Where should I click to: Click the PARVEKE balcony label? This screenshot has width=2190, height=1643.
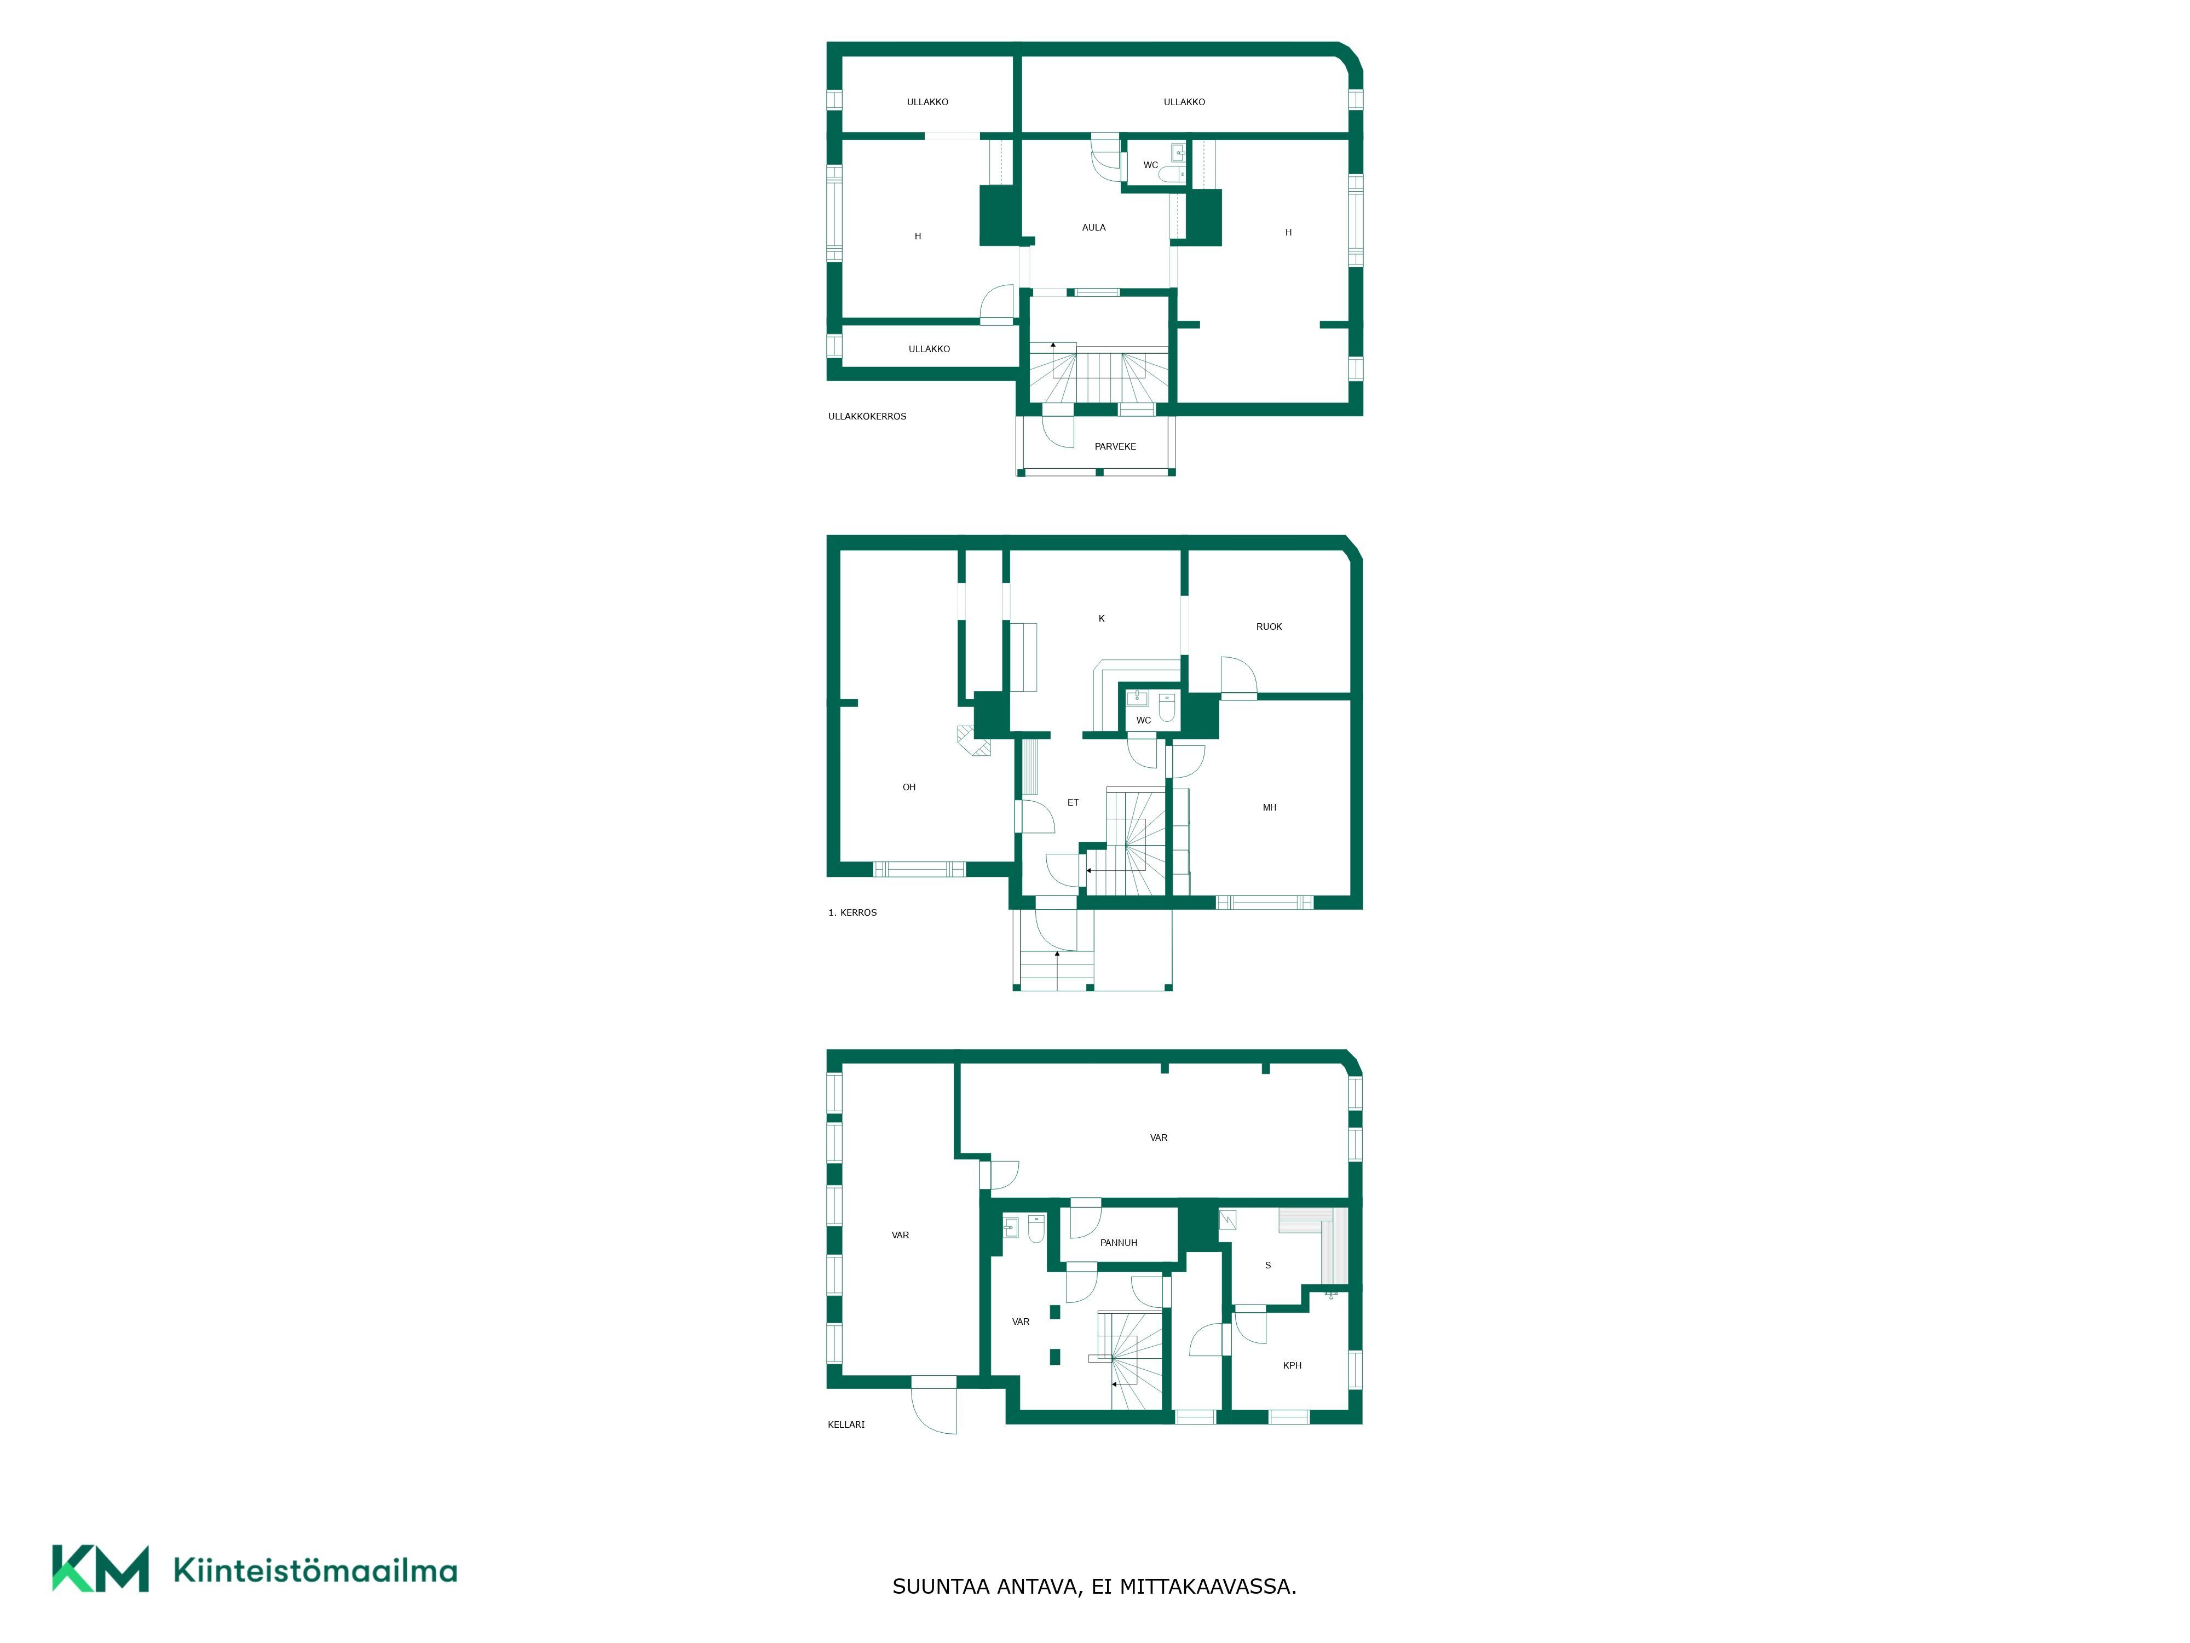pos(1115,447)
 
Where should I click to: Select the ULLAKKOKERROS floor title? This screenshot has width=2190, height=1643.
pos(867,417)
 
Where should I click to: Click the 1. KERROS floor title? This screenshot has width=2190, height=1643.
pos(852,913)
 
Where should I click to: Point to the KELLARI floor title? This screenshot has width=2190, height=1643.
pos(846,1425)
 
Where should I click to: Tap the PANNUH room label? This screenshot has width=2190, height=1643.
pos(1119,1243)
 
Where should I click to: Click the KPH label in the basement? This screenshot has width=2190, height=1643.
pos(1292,1366)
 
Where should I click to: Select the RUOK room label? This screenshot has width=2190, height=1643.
pos(1269,627)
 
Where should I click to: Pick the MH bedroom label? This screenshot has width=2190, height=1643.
pos(1269,808)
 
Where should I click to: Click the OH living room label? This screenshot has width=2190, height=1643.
pos(909,788)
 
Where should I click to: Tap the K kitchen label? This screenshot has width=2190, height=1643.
pos(1101,619)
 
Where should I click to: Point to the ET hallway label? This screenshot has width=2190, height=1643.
pos(1073,803)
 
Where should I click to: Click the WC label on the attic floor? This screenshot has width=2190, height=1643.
pos(1150,165)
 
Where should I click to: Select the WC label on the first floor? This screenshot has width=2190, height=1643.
pos(1144,721)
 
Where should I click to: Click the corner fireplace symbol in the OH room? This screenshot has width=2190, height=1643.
pos(973,742)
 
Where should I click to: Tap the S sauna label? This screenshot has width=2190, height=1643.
pos(1268,1266)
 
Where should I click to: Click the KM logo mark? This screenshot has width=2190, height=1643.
pos(101,1569)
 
